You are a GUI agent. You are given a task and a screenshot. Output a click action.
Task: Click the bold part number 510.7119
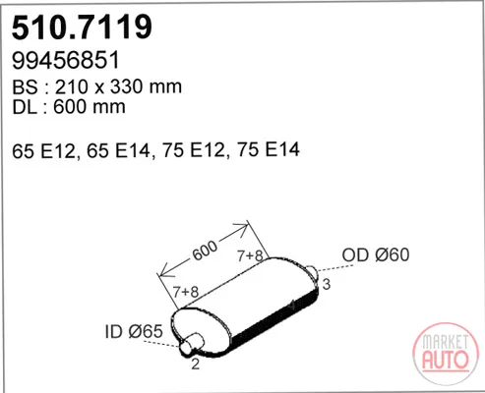pos(82,28)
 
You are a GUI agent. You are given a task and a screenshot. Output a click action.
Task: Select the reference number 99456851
pos(66,61)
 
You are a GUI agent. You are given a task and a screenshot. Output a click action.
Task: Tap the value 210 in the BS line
pos(72,86)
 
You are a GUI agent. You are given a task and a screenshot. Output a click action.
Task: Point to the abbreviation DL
pos(25,107)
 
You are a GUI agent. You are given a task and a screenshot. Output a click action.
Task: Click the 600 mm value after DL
pos(90,107)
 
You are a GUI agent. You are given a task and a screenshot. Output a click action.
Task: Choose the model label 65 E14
pos(119,150)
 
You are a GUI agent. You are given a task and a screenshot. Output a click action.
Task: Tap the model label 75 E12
pos(195,150)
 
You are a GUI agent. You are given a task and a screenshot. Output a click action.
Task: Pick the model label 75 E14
pos(269,150)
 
